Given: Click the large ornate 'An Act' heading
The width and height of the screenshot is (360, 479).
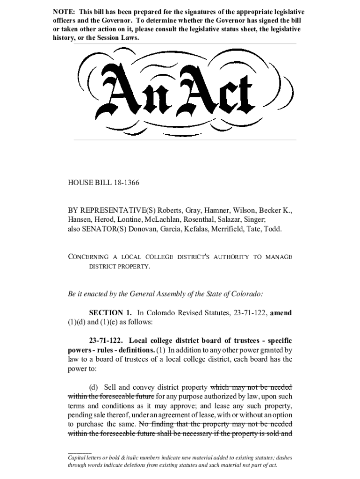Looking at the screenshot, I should [x=180, y=91].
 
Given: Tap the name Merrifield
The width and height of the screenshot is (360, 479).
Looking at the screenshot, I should [x=230, y=229].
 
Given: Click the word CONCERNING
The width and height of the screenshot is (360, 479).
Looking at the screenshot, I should [x=88, y=257].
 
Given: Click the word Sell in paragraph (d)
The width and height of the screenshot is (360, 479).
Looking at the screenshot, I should [x=110, y=387].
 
